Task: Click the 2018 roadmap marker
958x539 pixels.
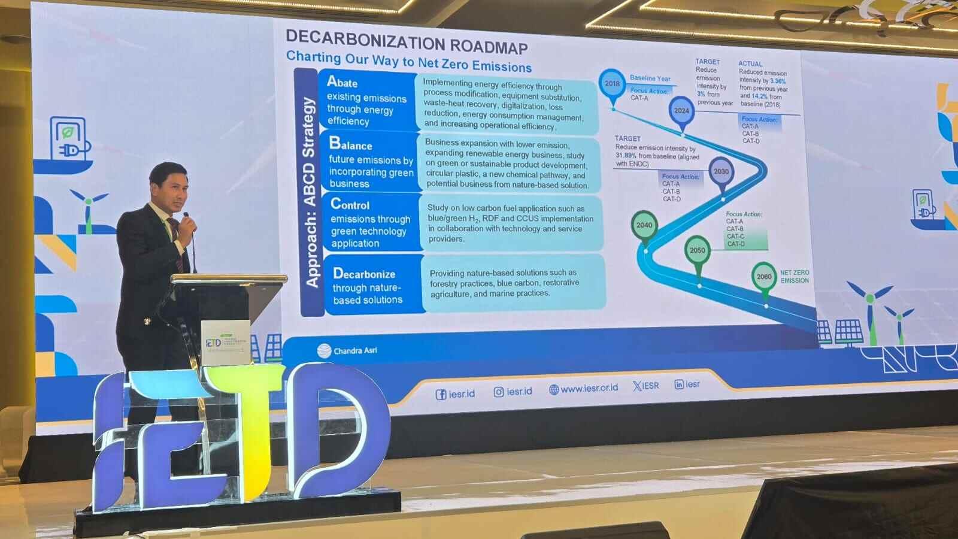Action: coord(612,84)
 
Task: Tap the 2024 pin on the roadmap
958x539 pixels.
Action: coord(681,111)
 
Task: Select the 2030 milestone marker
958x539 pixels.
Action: coord(721,171)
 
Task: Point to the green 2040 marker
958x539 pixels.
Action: coord(644,225)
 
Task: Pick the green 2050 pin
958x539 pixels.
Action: coord(698,250)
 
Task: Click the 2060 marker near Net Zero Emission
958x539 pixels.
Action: coord(764,277)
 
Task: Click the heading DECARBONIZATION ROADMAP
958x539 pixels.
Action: coord(407,40)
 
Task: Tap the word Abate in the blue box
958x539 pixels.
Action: coord(342,83)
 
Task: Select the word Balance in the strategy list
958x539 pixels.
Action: coord(351,144)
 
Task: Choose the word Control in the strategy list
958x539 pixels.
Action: coord(350,204)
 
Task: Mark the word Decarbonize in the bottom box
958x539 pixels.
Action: coord(364,274)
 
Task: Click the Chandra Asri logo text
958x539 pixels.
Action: coord(355,350)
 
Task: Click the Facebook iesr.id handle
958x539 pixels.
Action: coord(456,393)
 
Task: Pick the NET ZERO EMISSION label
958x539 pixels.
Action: coord(795,277)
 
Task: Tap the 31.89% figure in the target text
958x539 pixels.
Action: coord(625,156)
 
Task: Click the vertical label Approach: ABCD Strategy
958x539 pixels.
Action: coord(310,192)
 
